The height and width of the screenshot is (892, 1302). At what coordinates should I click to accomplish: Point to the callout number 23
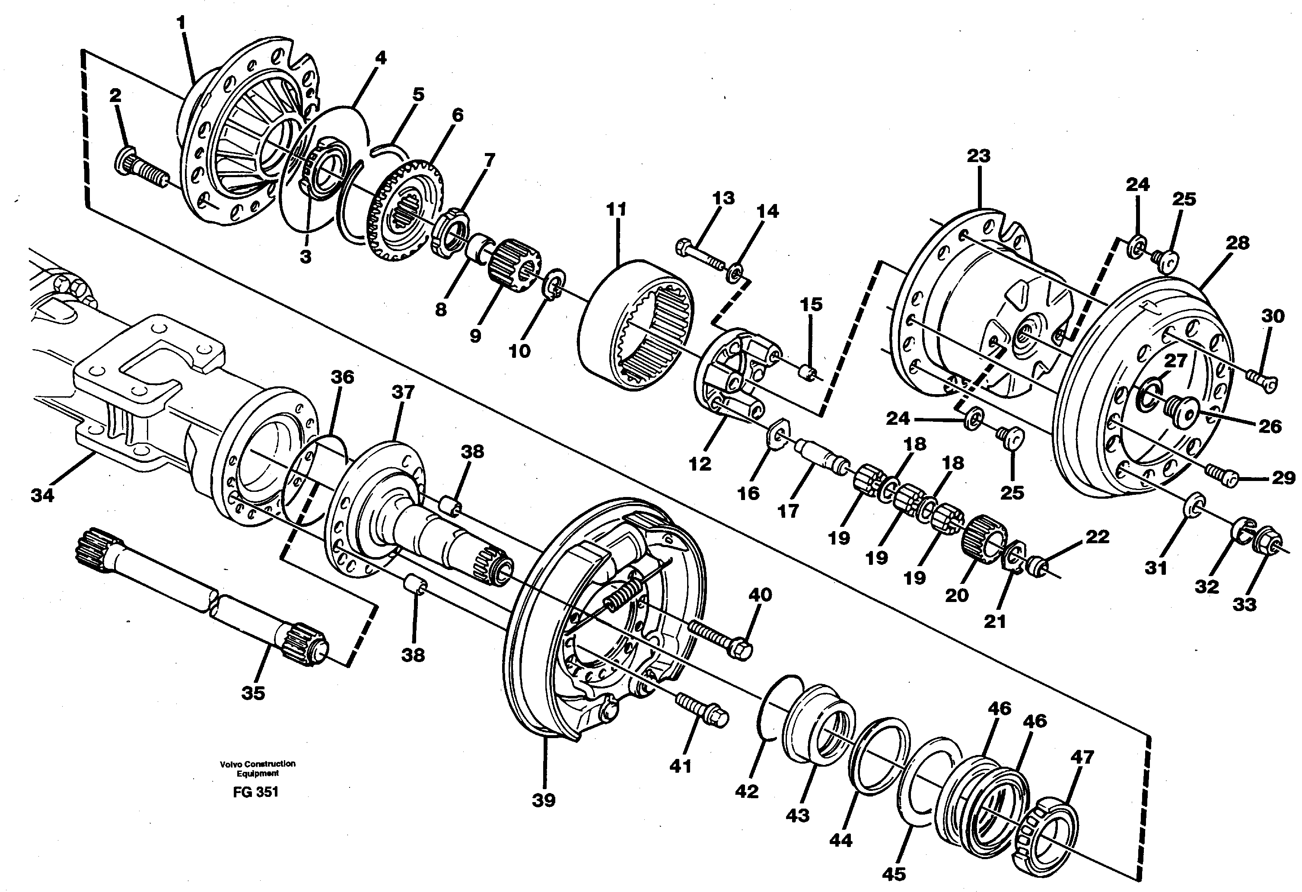(x=978, y=156)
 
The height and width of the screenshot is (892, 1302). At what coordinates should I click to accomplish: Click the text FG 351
(x=255, y=792)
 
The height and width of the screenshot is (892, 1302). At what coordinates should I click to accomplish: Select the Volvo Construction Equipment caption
(x=257, y=768)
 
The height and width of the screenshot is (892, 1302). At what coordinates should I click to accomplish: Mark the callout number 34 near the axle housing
(x=43, y=495)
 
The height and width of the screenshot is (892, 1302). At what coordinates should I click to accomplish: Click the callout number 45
(x=894, y=873)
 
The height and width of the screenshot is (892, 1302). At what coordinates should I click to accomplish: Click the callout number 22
(x=1096, y=537)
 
